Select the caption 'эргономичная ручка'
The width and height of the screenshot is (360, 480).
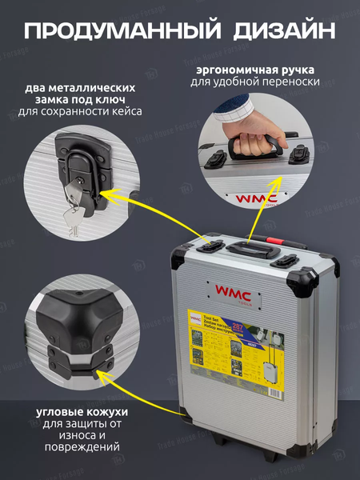254,70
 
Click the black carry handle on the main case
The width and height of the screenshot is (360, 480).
251,249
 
